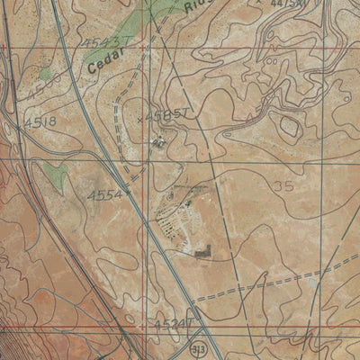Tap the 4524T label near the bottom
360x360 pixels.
click(172, 321)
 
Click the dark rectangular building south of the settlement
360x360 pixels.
click(201, 256)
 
